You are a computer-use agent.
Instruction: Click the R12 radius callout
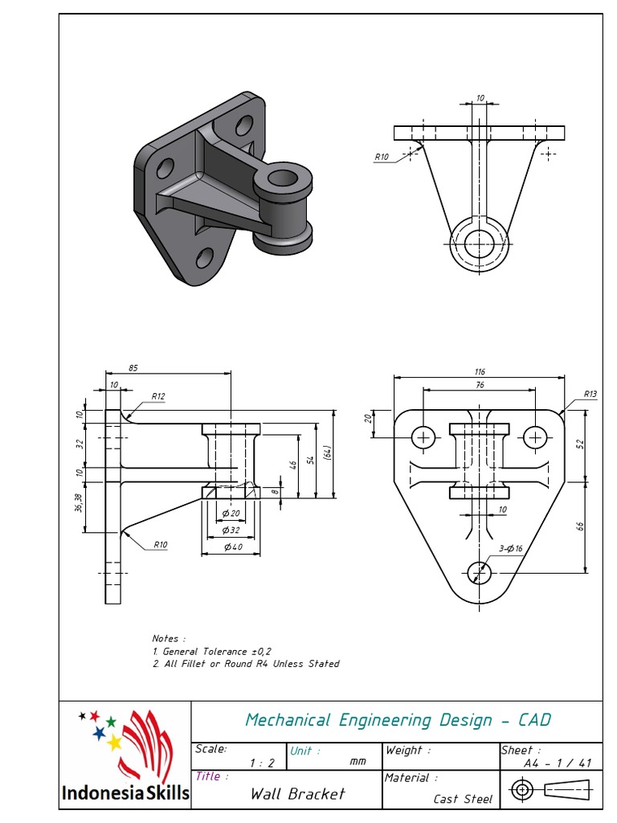[158, 396]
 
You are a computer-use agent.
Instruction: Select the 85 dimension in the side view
[133, 368]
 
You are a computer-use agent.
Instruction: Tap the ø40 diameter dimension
[232, 547]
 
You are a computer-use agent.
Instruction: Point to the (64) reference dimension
[328, 454]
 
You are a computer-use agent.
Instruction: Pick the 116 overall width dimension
[480, 371]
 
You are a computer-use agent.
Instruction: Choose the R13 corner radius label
[590, 394]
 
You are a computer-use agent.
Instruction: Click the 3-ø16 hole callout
[511, 548]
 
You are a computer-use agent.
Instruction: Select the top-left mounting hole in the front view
[423, 437]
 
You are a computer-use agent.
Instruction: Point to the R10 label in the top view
[382, 158]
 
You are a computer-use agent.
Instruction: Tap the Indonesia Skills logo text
[125, 794]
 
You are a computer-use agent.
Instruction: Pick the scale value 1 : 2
[263, 763]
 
